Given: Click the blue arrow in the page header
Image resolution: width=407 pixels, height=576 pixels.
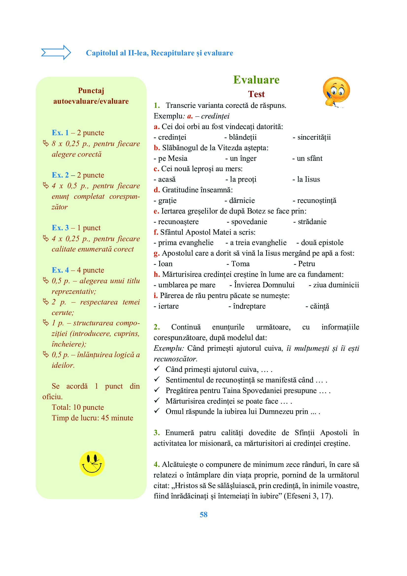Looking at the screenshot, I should point(56,52).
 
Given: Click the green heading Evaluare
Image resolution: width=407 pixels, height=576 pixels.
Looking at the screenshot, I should point(256,80).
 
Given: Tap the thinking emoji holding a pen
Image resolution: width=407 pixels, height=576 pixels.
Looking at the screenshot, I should point(336,92).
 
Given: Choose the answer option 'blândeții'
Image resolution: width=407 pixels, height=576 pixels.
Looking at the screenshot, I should point(243,137).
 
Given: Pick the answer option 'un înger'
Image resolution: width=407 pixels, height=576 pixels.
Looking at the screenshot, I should point(243,158).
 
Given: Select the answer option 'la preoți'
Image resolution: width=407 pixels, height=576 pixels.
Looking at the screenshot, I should point(243,179).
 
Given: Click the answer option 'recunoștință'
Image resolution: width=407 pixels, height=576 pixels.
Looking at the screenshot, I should point(316,200).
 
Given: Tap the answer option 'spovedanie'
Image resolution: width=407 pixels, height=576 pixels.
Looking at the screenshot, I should point(249,222).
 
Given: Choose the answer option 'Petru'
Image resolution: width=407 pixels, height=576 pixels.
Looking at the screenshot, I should point(307,264).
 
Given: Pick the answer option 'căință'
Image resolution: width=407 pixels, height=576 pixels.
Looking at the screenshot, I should point(320,306).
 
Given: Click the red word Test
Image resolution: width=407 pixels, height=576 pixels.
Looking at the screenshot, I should point(256,94).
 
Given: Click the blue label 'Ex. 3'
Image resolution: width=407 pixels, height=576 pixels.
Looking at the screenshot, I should point(60,228).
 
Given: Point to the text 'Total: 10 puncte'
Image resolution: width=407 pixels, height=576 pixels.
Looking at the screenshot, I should point(78,407).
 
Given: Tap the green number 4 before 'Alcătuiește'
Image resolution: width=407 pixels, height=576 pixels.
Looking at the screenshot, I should point(157,464).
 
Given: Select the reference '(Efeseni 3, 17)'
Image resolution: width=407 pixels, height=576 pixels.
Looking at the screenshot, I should point(308,496).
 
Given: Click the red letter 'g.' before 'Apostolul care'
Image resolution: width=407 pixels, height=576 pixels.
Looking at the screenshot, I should point(157,253).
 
